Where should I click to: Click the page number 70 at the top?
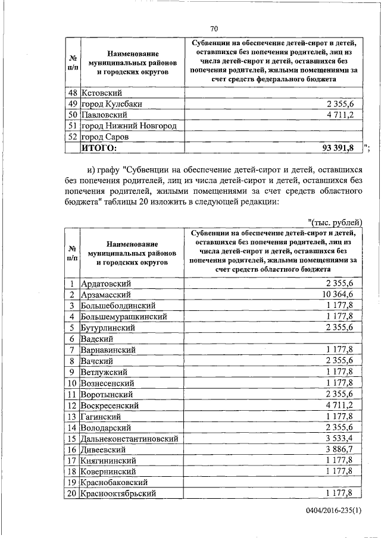click(x=214, y=28)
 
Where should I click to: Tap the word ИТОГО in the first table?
click(x=99, y=148)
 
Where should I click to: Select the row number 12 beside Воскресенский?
click(x=71, y=405)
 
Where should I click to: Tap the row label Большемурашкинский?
click(x=124, y=317)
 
